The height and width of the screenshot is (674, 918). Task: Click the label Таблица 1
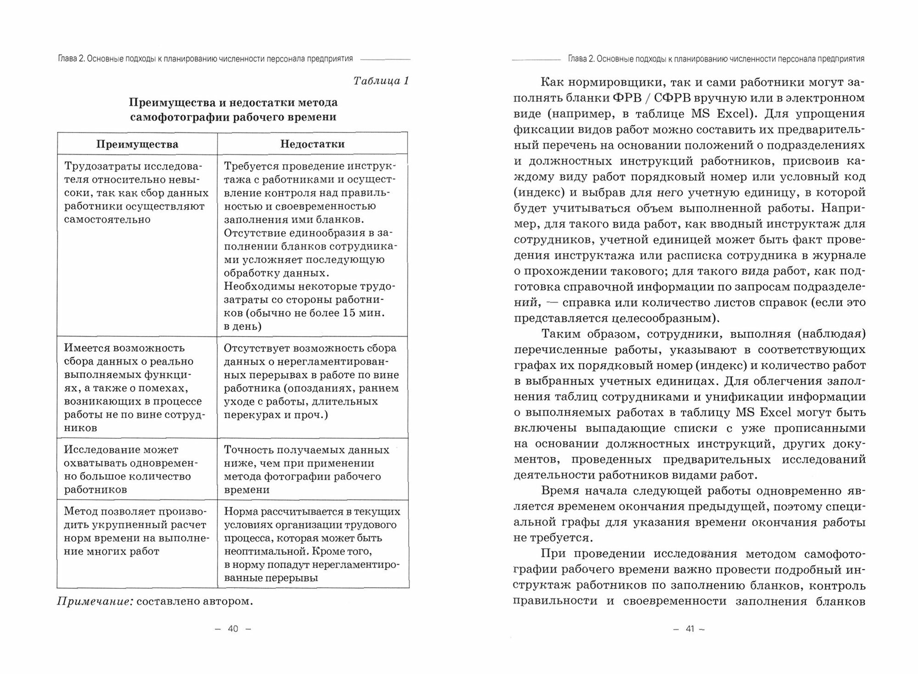point(381,81)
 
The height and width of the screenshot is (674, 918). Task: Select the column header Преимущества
point(137,144)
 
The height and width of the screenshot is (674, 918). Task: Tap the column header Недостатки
point(312,144)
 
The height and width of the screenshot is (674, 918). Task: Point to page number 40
point(233,629)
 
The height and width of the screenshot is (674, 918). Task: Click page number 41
point(689,629)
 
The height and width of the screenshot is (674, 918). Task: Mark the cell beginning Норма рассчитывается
point(312,544)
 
